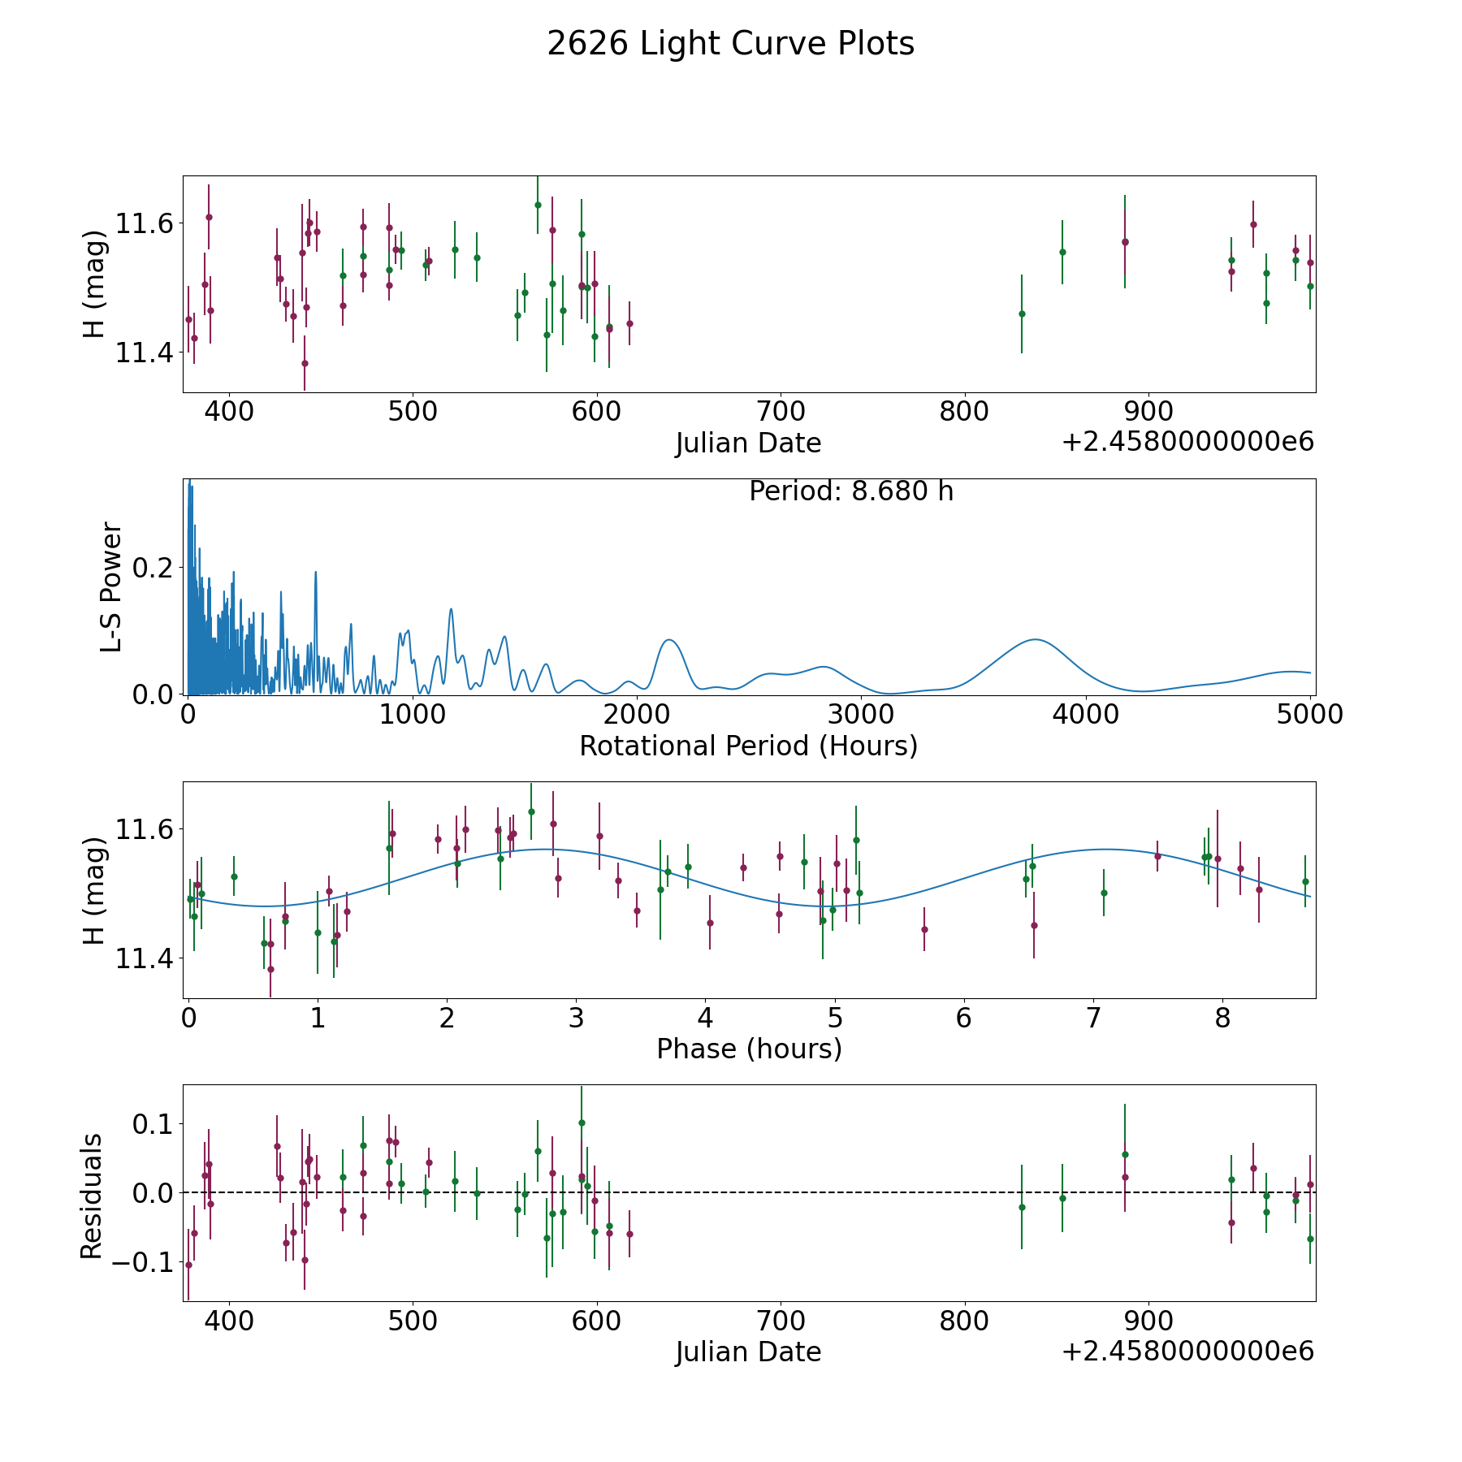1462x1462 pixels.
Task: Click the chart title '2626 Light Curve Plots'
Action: point(730,44)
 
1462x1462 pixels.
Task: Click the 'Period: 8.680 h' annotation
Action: point(851,491)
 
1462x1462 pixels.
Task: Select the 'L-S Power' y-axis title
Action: point(111,587)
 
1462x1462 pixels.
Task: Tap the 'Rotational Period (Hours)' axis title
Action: point(748,746)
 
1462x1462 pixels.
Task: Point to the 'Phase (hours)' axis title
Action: point(749,1049)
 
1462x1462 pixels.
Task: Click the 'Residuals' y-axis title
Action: point(91,1196)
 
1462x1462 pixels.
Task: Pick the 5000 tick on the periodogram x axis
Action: point(1310,714)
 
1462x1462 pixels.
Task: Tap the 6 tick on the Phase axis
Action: point(963,1018)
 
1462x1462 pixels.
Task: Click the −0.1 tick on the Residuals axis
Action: point(141,1262)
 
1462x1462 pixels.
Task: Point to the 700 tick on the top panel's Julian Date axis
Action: point(780,411)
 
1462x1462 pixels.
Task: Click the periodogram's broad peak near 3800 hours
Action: point(1035,639)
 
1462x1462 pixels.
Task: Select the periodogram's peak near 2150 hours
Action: point(668,640)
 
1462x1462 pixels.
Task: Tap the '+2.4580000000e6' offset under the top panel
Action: point(1188,442)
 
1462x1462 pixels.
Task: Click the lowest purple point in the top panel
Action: point(305,363)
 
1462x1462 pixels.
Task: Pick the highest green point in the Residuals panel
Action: point(582,1122)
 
